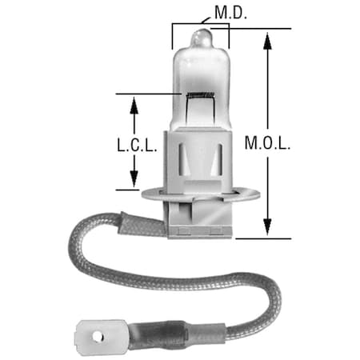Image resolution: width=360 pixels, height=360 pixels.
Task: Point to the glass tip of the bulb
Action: tap(201, 36)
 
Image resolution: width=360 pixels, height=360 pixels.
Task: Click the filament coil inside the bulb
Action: tap(198, 94)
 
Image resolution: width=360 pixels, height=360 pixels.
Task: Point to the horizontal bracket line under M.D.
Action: tap(200, 23)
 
